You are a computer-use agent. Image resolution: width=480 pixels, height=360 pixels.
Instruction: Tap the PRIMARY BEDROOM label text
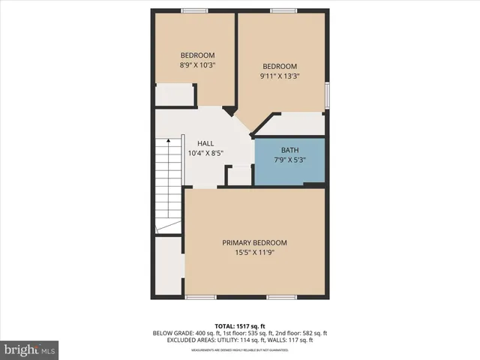254,243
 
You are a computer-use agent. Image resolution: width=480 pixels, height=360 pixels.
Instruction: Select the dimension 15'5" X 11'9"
254,253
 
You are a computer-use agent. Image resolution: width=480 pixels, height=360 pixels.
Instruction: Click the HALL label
205,143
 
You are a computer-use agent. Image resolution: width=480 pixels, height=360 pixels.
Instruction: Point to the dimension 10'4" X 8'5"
205,154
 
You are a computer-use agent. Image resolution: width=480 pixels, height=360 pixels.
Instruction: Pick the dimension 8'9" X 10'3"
197,65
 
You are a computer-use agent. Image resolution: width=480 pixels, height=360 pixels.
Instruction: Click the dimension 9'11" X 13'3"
279,76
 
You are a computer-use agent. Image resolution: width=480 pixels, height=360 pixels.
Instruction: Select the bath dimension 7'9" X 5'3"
289,160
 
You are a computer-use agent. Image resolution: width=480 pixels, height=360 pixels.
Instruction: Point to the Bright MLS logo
30,349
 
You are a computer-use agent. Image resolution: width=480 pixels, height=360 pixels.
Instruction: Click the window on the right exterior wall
326,96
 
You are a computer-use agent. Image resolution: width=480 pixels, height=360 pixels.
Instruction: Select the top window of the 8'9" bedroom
194,10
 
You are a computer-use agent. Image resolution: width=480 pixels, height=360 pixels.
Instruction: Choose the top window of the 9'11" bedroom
283,10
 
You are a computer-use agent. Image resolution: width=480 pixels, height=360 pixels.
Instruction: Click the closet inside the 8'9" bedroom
174,94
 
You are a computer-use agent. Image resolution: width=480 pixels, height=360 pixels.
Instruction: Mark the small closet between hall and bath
239,175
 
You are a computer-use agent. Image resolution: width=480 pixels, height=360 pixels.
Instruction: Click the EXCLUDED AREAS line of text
240,340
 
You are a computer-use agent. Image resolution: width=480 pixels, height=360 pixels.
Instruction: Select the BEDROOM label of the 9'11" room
279,66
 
